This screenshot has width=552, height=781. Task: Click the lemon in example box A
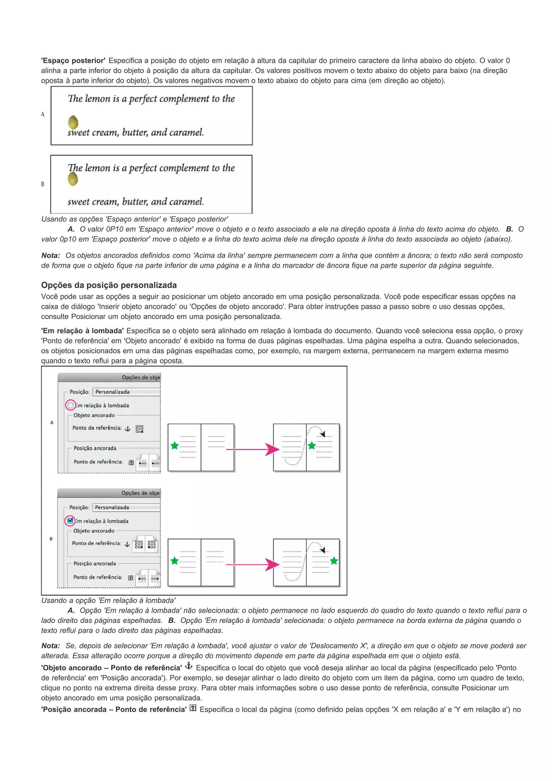[73, 122]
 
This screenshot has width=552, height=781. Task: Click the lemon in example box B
[73, 179]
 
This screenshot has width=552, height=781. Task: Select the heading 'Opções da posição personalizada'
[109, 285]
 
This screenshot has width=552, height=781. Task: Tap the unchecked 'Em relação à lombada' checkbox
[70, 405]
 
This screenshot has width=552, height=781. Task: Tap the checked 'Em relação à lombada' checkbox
[70, 520]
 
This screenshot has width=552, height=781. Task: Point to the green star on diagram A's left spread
[174, 445]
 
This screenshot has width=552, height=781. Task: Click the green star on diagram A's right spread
[312, 445]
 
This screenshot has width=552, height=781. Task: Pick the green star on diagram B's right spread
[334, 561]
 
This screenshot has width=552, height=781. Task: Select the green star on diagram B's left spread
[174, 561]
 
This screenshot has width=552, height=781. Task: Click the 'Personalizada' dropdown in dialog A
[126, 392]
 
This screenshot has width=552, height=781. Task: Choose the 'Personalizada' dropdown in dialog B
[126, 507]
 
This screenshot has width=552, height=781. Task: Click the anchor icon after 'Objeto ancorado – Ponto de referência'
[188, 666]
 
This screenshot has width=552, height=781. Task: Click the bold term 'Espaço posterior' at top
[73, 61]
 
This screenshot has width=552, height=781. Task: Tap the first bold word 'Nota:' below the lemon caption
[51, 255]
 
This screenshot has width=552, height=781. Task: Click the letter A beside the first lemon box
[43, 115]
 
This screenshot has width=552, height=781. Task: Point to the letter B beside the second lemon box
[43, 184]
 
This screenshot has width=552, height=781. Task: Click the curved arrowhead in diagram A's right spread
[323, 434]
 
